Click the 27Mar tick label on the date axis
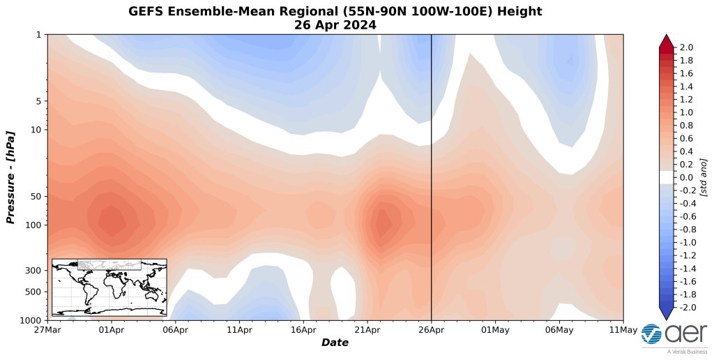click(x=47, y=329)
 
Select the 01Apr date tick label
click(x=112, y=329)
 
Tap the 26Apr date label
click(x=431, y=329)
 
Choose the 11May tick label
click(x=623, y=329)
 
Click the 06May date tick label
click(x=559, y=329)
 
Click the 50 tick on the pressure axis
click(x=36, y=196)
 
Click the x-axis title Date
click(x=335, y=343)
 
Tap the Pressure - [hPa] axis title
click(x=10, y=177)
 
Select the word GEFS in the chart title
click(x=144, y=11)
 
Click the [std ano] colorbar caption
click(x=704, y=177)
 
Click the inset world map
click(x=109, y=287)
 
